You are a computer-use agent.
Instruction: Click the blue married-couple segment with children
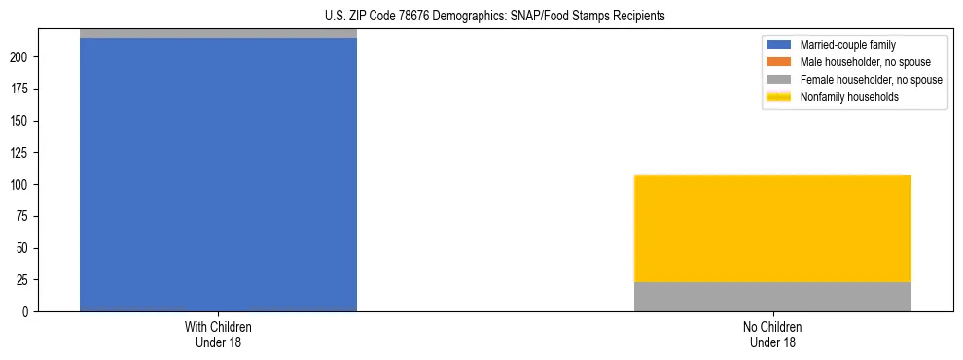218,175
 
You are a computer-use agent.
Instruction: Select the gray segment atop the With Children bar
218,33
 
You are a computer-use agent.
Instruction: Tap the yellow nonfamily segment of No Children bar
772,229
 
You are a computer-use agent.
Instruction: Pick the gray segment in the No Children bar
772,297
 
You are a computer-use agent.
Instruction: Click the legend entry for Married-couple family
847,45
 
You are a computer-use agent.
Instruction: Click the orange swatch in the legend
779,62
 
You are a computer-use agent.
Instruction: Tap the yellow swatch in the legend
779,97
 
